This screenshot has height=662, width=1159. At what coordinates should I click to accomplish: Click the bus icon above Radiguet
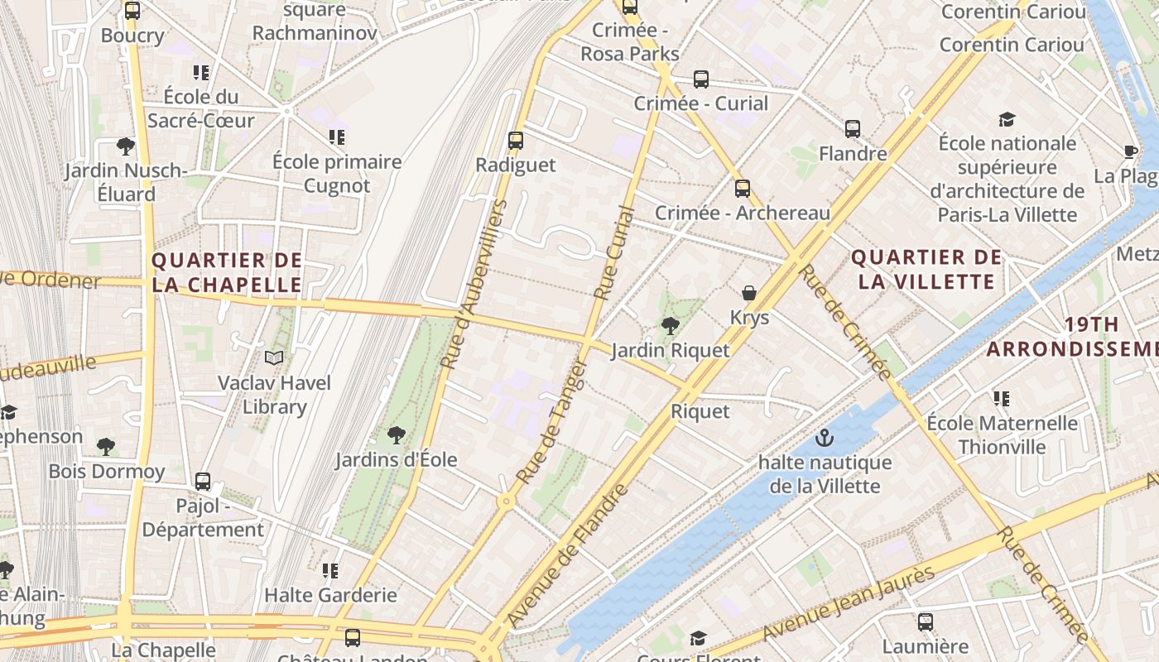pyautogui.click(x=516, y=141)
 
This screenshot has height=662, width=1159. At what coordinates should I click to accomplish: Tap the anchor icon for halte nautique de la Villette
pyautogui.click(x=824, y=438)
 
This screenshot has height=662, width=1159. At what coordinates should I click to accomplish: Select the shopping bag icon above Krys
pyautogui.click(x=749, y=293)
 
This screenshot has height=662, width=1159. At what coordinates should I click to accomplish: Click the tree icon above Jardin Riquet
pyautogui.click(x=671, y=326)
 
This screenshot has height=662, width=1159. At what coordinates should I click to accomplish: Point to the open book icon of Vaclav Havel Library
pyautogui.click(x=274, y=357)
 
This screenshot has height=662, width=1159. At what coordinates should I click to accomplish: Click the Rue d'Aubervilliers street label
pyautogui.click(x=474, y=284)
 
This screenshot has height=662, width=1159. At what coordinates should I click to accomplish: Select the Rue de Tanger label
pyautogui.click(x=551, y=422)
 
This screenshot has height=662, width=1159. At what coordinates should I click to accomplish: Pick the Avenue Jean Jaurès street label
pyautogui.click(x=849, y=604)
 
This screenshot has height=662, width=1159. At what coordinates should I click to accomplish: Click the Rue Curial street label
pyautogui.click(x=614, y=252)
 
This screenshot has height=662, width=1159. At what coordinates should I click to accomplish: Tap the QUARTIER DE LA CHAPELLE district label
pyautogui.click(x=227, y=272)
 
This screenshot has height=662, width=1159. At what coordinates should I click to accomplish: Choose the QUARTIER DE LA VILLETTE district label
pyautogui.click(x=926, y=269)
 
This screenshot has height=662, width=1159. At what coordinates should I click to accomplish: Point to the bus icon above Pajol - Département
pyautogui.click(x=203, y=481)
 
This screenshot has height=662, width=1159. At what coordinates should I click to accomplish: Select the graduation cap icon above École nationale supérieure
pyautogui.click(x=1007, y=119)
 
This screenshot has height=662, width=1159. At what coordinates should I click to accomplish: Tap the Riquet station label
pyautogui.click(x=700, y=411)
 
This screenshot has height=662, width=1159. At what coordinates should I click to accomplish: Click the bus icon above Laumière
pyautogui.click(x=926, y=621)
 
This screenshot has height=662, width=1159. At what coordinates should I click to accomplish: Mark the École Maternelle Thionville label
pyautogui.click(x=1002, y=435)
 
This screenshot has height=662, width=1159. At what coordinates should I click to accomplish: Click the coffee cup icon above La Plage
pyautogui.click(x=1131, y=151)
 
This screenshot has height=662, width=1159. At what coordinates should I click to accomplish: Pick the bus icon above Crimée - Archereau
pyautogui.click(x=743, y=189)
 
